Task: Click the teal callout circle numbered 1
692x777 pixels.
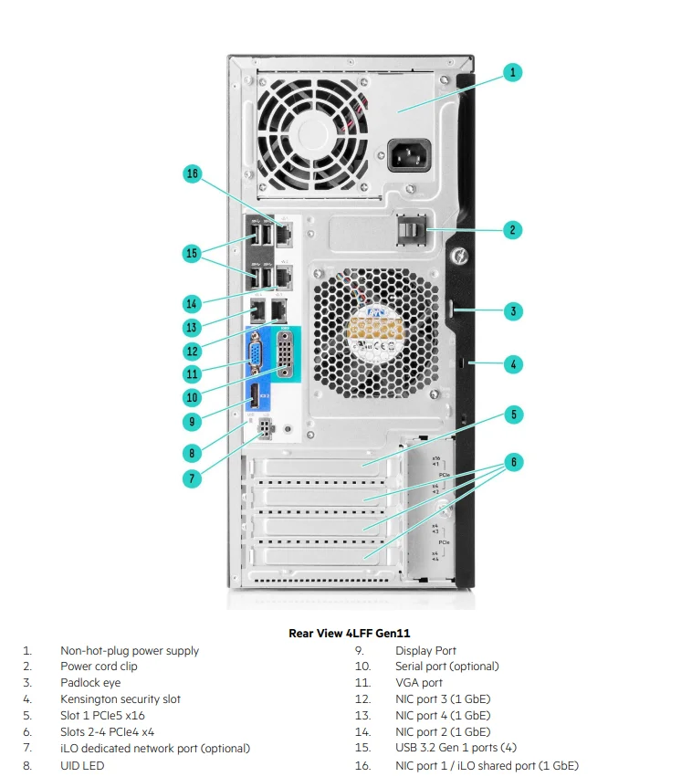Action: click(513, 72)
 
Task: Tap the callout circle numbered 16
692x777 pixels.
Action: click(192, 173)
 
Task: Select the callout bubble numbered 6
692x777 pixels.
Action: click(513, 463)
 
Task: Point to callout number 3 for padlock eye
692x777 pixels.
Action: click(513, 311)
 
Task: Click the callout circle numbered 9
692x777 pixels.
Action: click(192, 421)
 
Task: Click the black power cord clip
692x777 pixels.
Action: click(412, 229)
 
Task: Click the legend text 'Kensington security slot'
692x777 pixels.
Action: click(121, 699)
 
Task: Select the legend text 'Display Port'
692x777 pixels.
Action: click(425, 651)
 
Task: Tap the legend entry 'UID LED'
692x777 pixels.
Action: click(82, 765)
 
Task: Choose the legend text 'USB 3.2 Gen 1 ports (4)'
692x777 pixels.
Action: click(456, 749)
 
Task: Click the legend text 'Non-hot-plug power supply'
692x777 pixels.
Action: click(130, 651)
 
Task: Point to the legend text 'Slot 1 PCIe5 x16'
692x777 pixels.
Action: click(103, 716)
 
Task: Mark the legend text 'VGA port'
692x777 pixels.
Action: click(419, 683)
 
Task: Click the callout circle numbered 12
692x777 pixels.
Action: click(192, 351)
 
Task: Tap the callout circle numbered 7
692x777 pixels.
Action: click(192, 478)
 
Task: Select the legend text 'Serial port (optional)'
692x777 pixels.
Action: click(447, 667)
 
